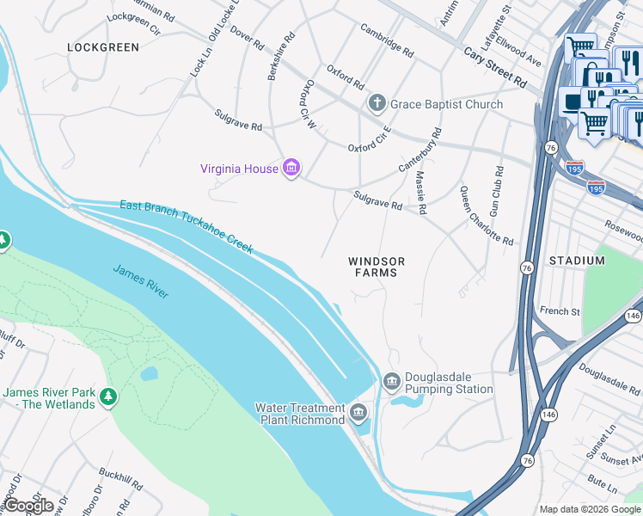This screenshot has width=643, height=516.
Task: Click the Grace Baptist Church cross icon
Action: point(377,104)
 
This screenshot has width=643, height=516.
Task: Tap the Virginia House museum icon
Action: point(291,169)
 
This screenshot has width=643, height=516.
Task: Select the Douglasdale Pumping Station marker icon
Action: point(392,380)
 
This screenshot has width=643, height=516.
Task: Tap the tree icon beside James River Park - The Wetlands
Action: point(108,397)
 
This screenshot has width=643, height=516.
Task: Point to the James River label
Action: point(141,281)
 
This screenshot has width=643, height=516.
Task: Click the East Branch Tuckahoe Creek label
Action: point(187,226)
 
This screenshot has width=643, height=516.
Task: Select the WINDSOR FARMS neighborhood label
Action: point(376,267)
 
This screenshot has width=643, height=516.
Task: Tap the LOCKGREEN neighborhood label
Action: point(102,47)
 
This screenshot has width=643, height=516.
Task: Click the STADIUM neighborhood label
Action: point(577,261)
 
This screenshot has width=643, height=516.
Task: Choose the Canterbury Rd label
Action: point(419,150)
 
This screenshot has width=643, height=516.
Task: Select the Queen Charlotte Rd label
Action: point(486,216)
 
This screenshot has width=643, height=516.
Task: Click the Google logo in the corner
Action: point(28,505)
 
